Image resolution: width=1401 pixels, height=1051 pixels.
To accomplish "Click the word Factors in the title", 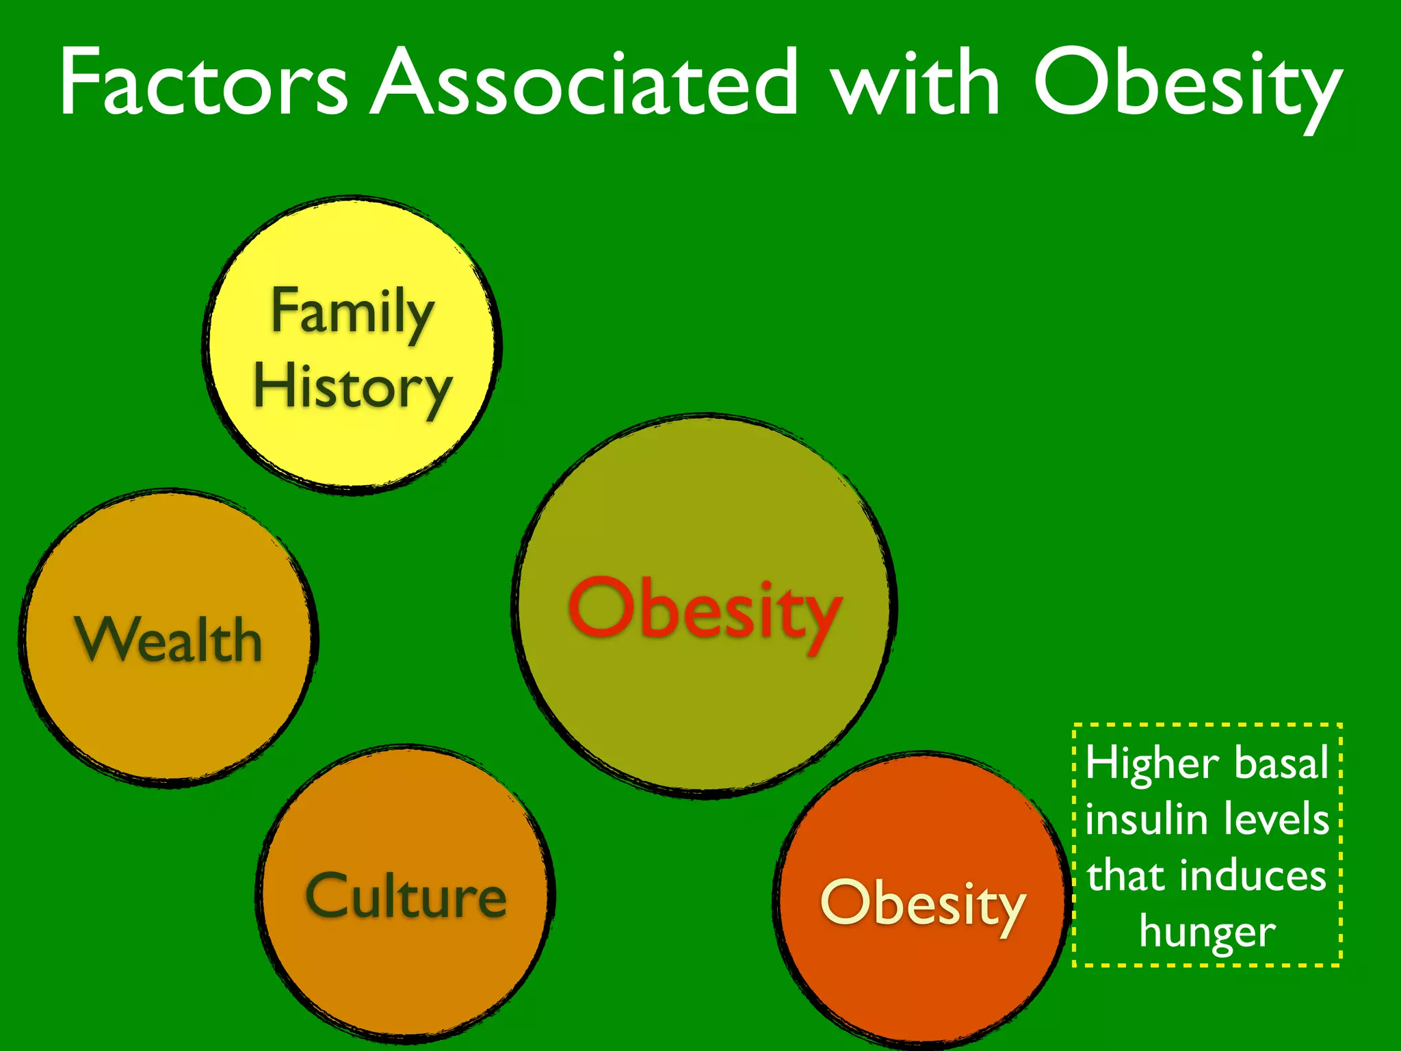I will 204,83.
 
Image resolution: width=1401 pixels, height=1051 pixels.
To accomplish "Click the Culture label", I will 406,896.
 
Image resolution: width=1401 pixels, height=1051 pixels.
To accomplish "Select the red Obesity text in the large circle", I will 705,609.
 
